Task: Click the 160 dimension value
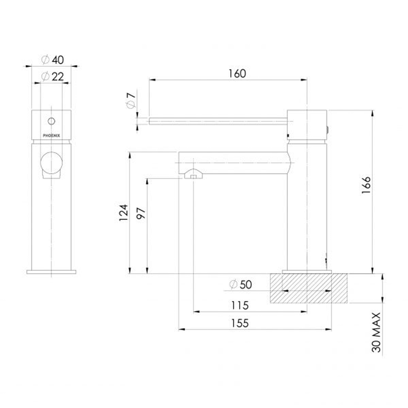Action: [x=237, y=74]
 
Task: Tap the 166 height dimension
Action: [x=366, y=185]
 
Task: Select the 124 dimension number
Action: [x=124, y=213]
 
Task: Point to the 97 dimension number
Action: [x=141, y=214]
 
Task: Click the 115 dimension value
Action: [x=240, y=305]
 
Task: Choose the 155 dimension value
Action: [x=240, y=323]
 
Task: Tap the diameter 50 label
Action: [x=241, y=284]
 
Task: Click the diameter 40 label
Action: [x=53, y=60]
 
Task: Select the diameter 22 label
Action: [x=53, y=76]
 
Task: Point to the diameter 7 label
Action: [x=131, y=101]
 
